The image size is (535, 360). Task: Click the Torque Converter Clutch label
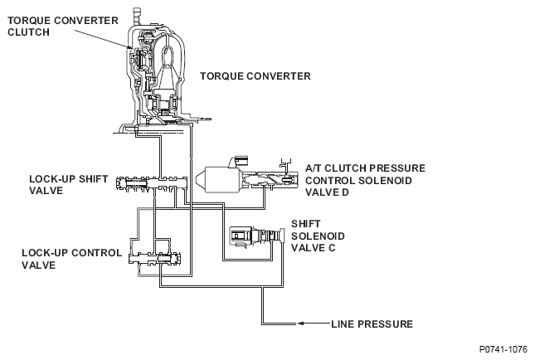63,27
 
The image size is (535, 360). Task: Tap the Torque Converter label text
255,76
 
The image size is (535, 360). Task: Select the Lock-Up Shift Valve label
68,185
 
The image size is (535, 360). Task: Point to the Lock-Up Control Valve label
71,259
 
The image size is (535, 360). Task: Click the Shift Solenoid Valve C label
318,236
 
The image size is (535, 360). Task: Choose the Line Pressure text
372,324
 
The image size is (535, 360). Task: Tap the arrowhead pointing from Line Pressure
300,324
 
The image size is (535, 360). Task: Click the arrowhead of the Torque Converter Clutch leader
129,47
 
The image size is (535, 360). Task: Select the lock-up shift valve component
152,184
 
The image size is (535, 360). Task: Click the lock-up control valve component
154,259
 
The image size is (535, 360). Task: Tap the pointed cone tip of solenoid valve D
197,179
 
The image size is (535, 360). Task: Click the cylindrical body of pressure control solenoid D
221,179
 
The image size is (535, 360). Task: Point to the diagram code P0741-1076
503,349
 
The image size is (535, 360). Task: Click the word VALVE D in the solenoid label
327,192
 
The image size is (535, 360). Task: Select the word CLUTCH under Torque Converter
29,32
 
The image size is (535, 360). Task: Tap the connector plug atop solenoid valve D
239,161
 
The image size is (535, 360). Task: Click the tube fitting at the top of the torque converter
136,16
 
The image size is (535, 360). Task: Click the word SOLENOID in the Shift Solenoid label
318,236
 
